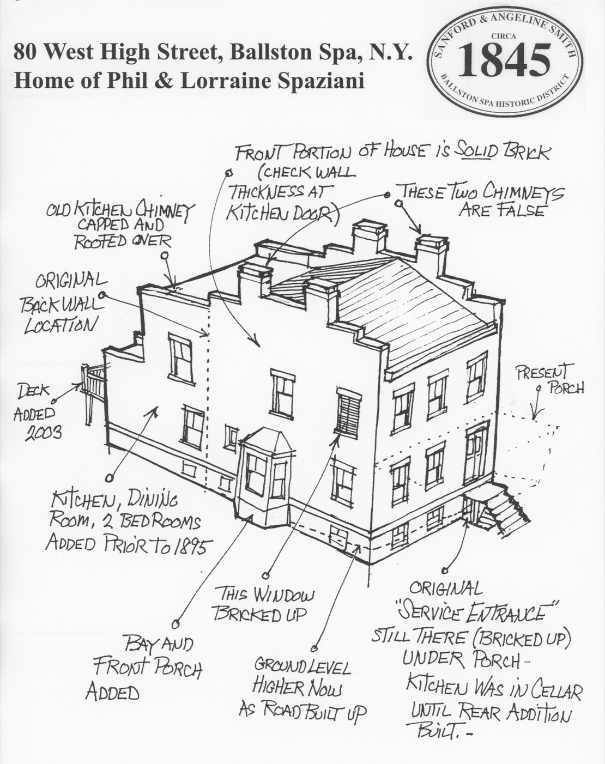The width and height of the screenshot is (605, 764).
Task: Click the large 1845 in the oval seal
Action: click(x=504, y=60)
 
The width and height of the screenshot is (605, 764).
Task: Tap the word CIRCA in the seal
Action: click(x=504, y=36)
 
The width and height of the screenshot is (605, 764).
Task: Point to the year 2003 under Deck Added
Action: click(x=43, y=433)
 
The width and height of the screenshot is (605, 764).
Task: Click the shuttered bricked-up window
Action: click(x=348, y=412)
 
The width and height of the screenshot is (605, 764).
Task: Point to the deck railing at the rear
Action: click(x=93, y=384)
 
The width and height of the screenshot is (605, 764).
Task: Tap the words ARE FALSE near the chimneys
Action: click(x=501, y=211)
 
